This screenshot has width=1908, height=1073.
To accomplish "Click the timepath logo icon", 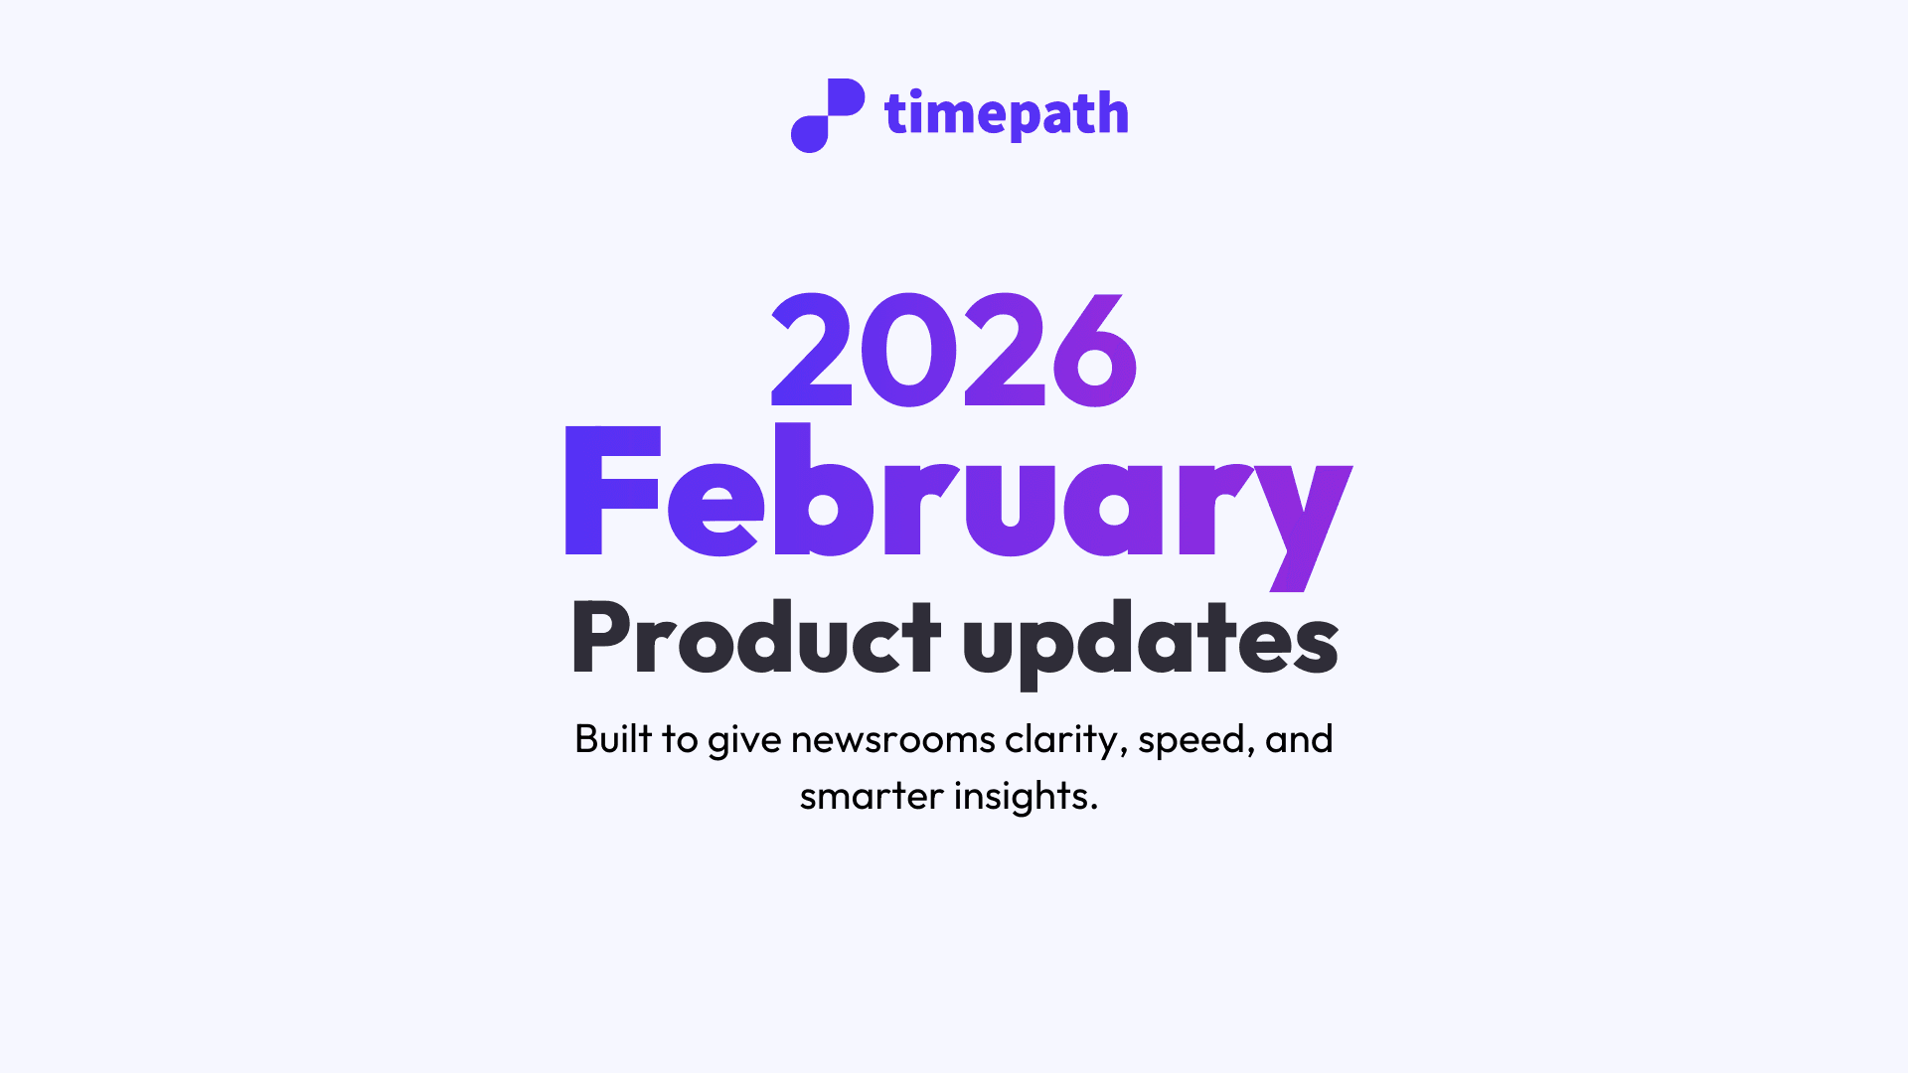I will click(x=827, y=115).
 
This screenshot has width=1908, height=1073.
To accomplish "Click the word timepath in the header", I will click(x=1006, y=114).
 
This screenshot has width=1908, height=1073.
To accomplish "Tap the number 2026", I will click(x=954, y=351).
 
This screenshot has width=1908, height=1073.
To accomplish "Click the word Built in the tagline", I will click(x=613, y=739).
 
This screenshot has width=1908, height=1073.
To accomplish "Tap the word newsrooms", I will click(x=892, y=740).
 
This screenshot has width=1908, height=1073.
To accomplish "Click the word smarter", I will click(x=871, y=797).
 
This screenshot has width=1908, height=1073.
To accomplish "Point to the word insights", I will click(x=1026, y=797).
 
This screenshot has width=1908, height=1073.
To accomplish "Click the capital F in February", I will click(x=610, y=492).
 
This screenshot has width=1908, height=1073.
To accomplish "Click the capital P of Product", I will click(x=599, y=638).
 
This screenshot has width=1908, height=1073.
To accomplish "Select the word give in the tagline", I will click(x=744, y=740).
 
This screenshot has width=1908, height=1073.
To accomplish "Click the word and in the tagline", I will click(x=1299, y=740).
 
